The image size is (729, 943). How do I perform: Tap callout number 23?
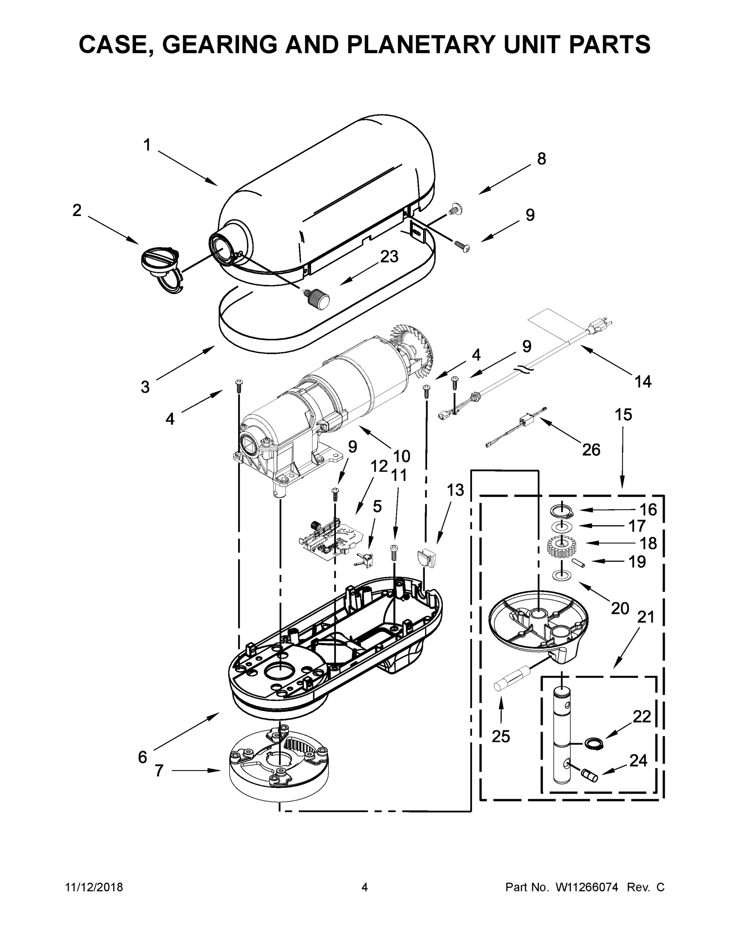tap(389, 257)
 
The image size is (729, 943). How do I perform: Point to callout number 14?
tap(643, 381)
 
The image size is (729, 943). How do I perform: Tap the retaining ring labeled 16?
tap(560, 512)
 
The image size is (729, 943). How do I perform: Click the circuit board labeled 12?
tap(331, 540)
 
